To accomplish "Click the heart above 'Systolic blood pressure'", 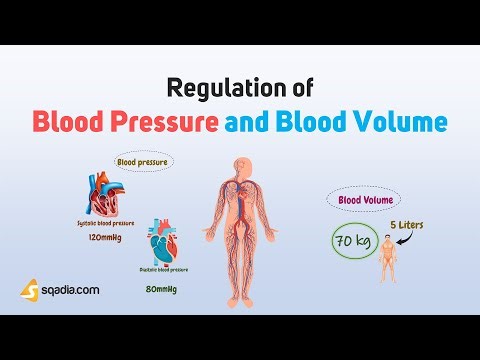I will coord(106,196).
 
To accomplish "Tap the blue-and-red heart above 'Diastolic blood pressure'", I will coord(166,242).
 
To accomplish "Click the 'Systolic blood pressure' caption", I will coord(105,223).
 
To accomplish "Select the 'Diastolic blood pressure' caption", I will coord(164,269).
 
